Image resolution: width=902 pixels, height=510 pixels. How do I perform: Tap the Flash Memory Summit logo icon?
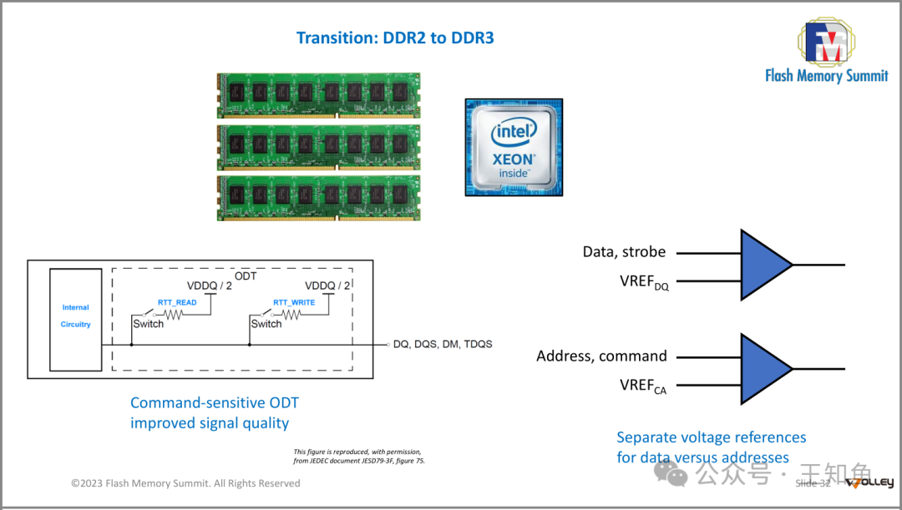(824, 42)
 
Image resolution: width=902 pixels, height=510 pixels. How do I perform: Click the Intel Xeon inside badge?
(514, 147)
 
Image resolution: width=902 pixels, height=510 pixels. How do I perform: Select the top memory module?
(318, 96)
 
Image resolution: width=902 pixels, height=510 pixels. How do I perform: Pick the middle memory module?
(318, 147)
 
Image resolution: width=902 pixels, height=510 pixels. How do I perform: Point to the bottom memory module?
(318, 197)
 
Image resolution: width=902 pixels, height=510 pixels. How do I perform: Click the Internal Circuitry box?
(75, 319)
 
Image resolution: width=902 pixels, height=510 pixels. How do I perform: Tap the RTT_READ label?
(177, 302)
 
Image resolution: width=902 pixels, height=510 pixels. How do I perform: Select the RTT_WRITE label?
(294, 302)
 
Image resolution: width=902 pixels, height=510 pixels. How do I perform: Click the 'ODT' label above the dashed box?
(246, 276)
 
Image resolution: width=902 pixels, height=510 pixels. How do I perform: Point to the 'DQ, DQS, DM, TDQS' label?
(443, 344)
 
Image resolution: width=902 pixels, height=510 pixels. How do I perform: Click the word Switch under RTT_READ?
(149, 324)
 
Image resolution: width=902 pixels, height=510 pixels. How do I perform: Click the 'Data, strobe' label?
(624, 251)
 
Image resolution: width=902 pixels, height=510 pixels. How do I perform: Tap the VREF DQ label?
(643, 282)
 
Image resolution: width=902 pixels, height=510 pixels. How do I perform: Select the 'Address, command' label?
(601, 356)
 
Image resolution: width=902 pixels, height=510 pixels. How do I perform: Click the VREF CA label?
(643, 386)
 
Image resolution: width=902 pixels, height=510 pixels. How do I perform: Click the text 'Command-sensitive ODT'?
(214, 403)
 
